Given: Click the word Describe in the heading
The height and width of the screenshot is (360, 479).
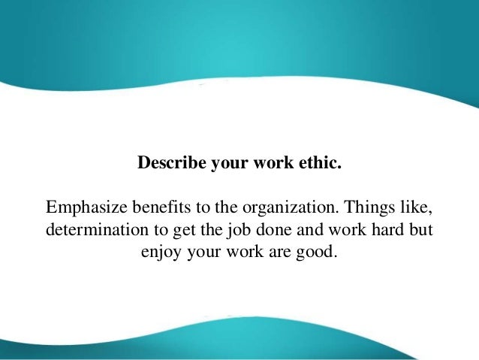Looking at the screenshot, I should [167, 162].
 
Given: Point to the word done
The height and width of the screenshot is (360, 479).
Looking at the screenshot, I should [257, 228].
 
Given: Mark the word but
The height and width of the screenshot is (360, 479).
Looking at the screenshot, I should [421, 228].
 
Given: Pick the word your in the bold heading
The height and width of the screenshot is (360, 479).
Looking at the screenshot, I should [233, 162].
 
